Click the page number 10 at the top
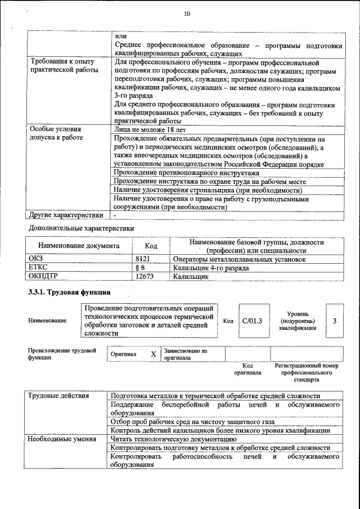pos(187,13)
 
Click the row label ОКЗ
pos(35,259)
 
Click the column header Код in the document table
pos(150,246)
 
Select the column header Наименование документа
pos(78,246)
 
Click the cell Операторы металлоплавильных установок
pos(239,259)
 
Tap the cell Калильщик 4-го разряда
pos(211,268)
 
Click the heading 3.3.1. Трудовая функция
pos(69,292)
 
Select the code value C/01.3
pos(251,321)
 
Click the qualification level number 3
pos(334,321)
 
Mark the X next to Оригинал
pos(153,354)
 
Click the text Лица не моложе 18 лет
pos(150,129)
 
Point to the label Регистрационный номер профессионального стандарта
pos(307,372)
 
